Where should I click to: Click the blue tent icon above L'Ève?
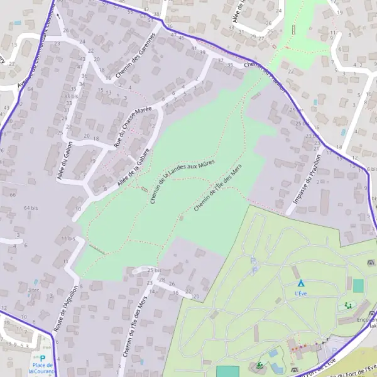(x=300, y=283)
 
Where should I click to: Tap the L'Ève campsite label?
(x=301, y=293)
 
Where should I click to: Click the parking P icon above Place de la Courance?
(x=43, y=358)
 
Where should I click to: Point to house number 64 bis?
(x=31, y=207)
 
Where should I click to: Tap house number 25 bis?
(x=155, y=270)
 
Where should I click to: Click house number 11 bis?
(x=68, y=239)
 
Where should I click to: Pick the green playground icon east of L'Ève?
(x=347, y=306)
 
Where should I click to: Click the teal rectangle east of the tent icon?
(x=358, y=286)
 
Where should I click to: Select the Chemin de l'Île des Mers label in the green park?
(x=218, y=188)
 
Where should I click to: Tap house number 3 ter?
(x=33, y=290)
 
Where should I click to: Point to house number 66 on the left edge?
(x=13, y=195)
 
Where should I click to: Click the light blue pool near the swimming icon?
(x=273, y=353)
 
